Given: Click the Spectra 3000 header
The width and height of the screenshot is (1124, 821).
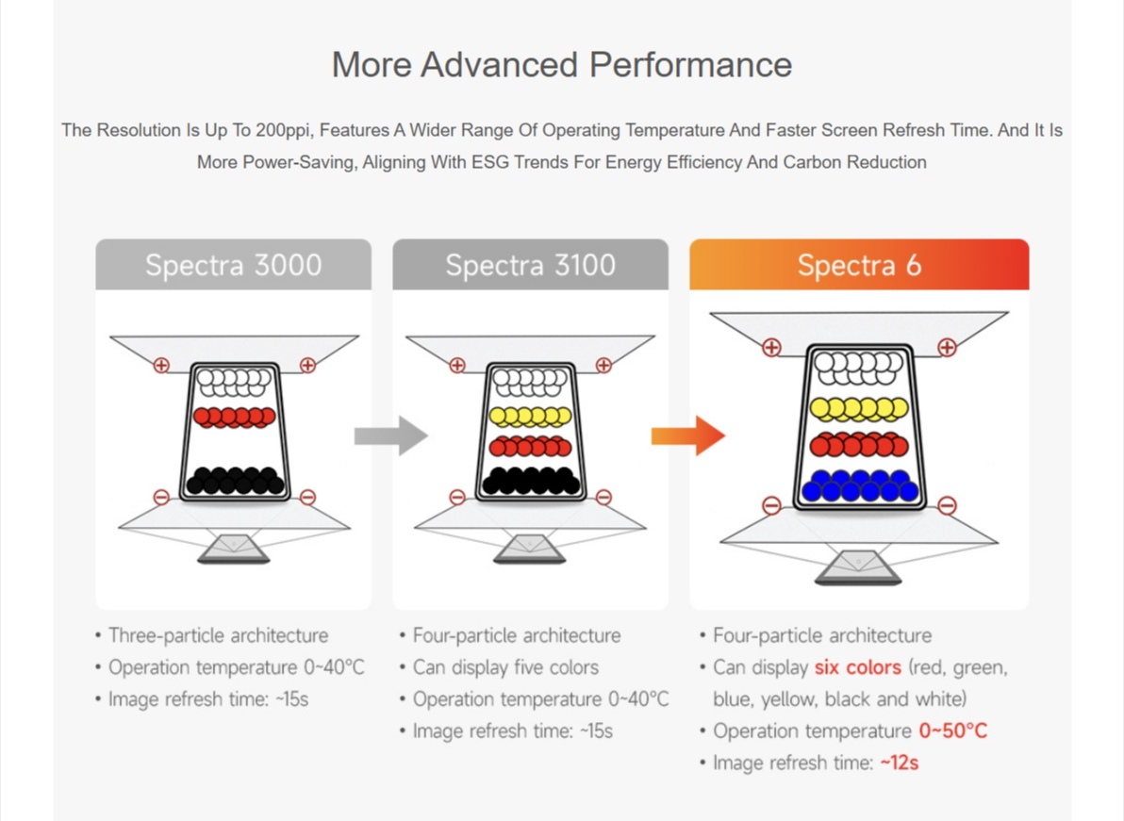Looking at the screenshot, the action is point(234,264).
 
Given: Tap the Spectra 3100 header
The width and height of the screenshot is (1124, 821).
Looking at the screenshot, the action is point(531,264).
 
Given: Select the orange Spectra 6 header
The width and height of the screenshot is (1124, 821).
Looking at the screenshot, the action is point(859,264).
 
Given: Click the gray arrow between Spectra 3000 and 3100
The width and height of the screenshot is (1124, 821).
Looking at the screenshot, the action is point(391,435).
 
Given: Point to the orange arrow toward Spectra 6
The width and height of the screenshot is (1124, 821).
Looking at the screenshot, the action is point(688,435).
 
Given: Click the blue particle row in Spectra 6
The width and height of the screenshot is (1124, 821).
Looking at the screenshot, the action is point(859,485).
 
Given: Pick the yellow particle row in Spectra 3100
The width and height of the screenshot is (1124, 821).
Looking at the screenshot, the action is point(531,417).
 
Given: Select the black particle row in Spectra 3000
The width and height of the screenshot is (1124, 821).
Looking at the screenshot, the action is point(235,481).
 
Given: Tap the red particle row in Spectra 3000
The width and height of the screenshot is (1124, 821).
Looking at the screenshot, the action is point(235,417).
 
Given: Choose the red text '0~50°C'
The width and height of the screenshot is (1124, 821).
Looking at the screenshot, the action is point(952,731).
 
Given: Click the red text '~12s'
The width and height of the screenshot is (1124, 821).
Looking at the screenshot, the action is point(899,763).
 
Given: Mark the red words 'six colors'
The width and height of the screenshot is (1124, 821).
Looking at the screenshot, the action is point(857,667).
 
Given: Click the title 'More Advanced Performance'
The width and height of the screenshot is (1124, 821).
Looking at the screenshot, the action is point(562,64).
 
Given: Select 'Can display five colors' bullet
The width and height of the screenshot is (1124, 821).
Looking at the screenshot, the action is point(499,667).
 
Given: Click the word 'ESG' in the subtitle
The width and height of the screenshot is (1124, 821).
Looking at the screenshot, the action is point(488,162).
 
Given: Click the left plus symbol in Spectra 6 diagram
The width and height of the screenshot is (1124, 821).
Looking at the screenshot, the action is point(771,348).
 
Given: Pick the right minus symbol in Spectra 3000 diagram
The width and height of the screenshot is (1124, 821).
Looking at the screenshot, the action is point(307,497).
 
